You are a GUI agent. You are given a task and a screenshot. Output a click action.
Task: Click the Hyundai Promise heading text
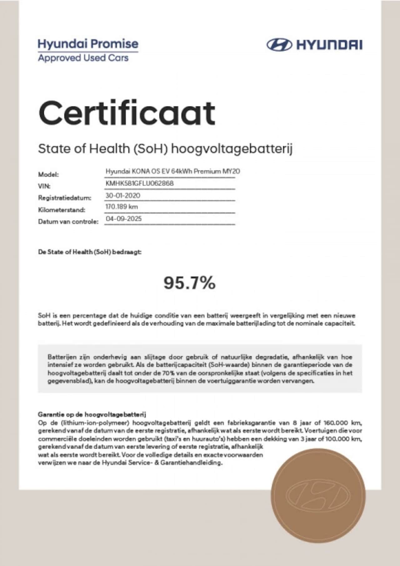coord(88,44)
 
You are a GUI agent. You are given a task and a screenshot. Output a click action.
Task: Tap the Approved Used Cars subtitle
coord(83,58)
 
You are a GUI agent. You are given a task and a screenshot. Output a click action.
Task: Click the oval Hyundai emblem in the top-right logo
coord(279,45)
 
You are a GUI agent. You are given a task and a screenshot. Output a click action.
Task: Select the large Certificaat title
coord(127,113)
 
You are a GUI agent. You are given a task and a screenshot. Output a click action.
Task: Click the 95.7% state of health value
coord(189,283)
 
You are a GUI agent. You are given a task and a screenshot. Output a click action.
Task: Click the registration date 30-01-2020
coord(123,195)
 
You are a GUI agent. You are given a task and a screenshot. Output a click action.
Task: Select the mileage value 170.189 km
coord(122,207)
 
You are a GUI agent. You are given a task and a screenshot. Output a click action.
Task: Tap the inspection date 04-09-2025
coord(123,219)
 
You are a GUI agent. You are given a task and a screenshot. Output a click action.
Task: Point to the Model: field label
coord(48,174)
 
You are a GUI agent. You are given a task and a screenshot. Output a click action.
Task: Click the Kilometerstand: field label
coord(61,210)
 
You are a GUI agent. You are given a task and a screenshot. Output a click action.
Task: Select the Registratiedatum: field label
coord(65,198)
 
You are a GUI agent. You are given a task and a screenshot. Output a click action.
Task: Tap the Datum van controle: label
coord(68,222)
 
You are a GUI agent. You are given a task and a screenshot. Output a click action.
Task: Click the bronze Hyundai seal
coord(318,495)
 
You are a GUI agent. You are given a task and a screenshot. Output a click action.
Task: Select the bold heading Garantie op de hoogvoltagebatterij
coord(92,415)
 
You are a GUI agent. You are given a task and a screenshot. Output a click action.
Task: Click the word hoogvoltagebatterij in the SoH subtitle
coord(232,149)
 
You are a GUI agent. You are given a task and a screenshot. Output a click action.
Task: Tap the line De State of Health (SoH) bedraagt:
coord(90,252)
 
